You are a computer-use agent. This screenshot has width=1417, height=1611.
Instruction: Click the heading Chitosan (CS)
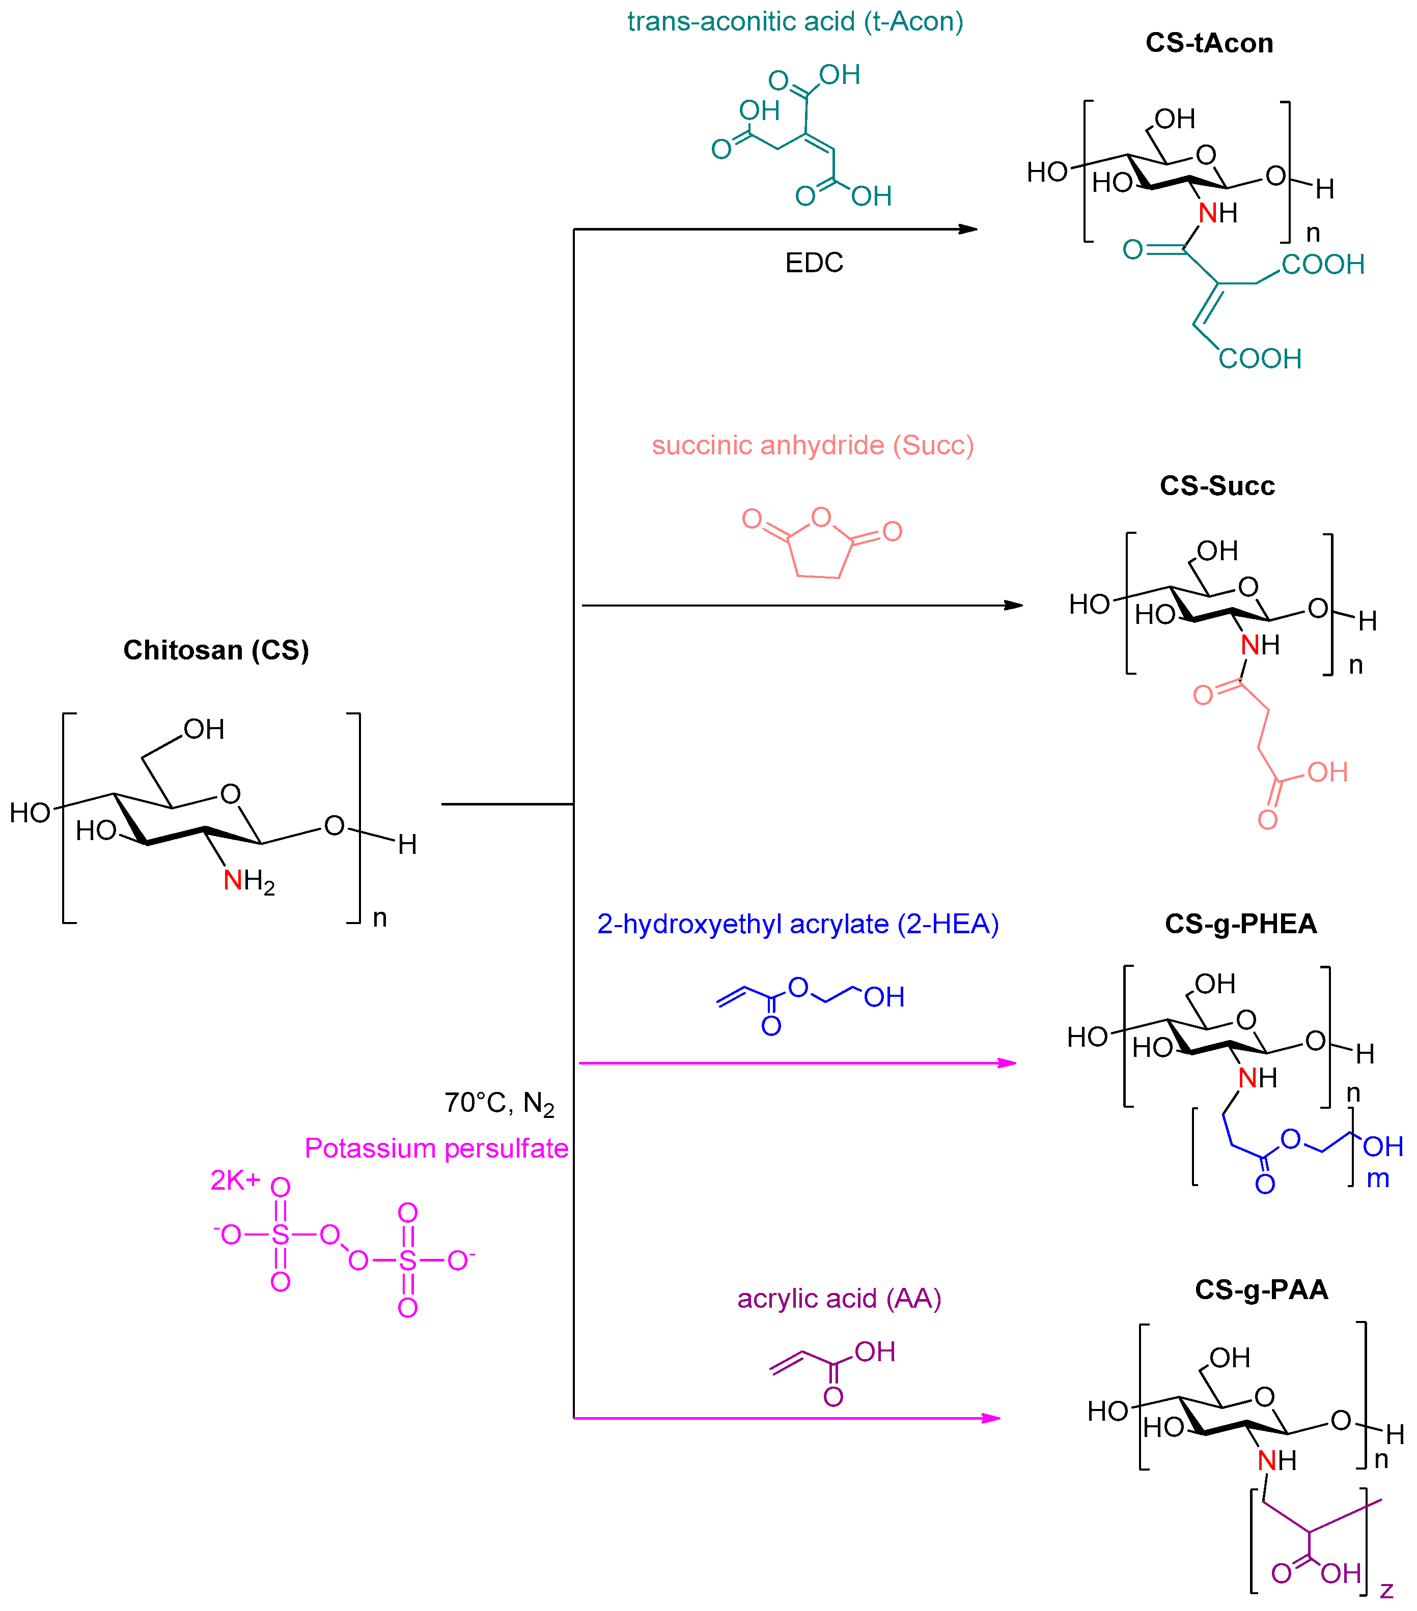[x=215, y=650]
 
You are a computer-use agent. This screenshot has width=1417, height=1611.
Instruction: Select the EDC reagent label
[x=814, y=263]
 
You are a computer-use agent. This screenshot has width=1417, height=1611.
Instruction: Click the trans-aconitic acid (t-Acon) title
[x=795, y=21]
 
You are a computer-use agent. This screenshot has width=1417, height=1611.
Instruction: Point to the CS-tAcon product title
[x=1209, y=43]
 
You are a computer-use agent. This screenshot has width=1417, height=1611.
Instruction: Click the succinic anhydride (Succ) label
[x=812, y=445]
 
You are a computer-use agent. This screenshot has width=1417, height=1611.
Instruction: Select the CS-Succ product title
[x=1217, y=485]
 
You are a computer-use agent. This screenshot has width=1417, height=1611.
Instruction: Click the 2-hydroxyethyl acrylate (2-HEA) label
[x=797, y=924]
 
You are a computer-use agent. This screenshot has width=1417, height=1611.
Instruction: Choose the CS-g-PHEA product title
[x=1240, y=924]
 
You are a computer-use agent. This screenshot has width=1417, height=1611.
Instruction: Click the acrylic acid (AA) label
[x=839, y=1298]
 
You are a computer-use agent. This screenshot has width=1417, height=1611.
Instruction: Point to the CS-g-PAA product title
[x=1261, y=1289]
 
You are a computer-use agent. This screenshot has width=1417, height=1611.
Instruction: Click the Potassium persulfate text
[x=436, y=1148]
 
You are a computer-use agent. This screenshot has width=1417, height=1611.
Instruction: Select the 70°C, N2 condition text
[x=499, y=1103]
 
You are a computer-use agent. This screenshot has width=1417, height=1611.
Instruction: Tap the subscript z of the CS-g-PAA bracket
[x=1386, y=1591]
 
